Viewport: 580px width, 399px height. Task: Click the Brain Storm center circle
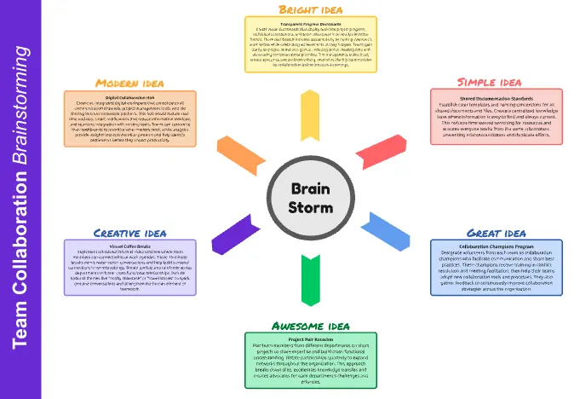point(310,199)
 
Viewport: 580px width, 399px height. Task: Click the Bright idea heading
point(310,9)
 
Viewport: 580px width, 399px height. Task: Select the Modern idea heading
point(130,83)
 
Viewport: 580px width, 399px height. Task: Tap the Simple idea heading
point(489,82)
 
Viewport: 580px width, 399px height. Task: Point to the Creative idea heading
point(129,232)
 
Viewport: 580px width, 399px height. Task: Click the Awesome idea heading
point(310,326)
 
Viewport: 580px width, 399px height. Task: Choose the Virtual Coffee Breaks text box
point(130,267)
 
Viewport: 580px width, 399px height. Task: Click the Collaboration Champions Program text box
point(496,268)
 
